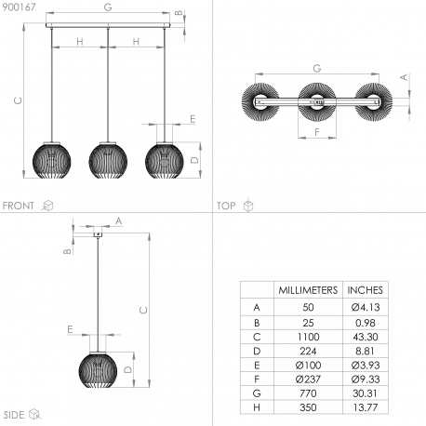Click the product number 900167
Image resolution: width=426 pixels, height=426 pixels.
pyautogui.click(x=19, y=7)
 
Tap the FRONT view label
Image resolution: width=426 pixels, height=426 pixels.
pyautogui.click(x=19, y=206)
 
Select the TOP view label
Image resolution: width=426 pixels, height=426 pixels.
pyautogui.click(x=226, y=206)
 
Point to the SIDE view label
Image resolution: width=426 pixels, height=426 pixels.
pyautogui.click(x=14, y=415)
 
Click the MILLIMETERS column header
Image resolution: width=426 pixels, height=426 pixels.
pyautogui.click(x=308, y=290)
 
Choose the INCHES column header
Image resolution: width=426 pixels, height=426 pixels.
pyautogui.click(x=366, y=290)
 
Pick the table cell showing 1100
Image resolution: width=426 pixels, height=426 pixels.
pyautogui.click(x=308, y=337)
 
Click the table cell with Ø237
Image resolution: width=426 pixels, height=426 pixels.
pyautogui.click(x=308, y=379)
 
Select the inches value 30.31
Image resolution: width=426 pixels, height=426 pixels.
pyautogui.click(x=366, y=393)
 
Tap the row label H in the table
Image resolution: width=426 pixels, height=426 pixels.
pyautogui.click(x=257, y=407)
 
